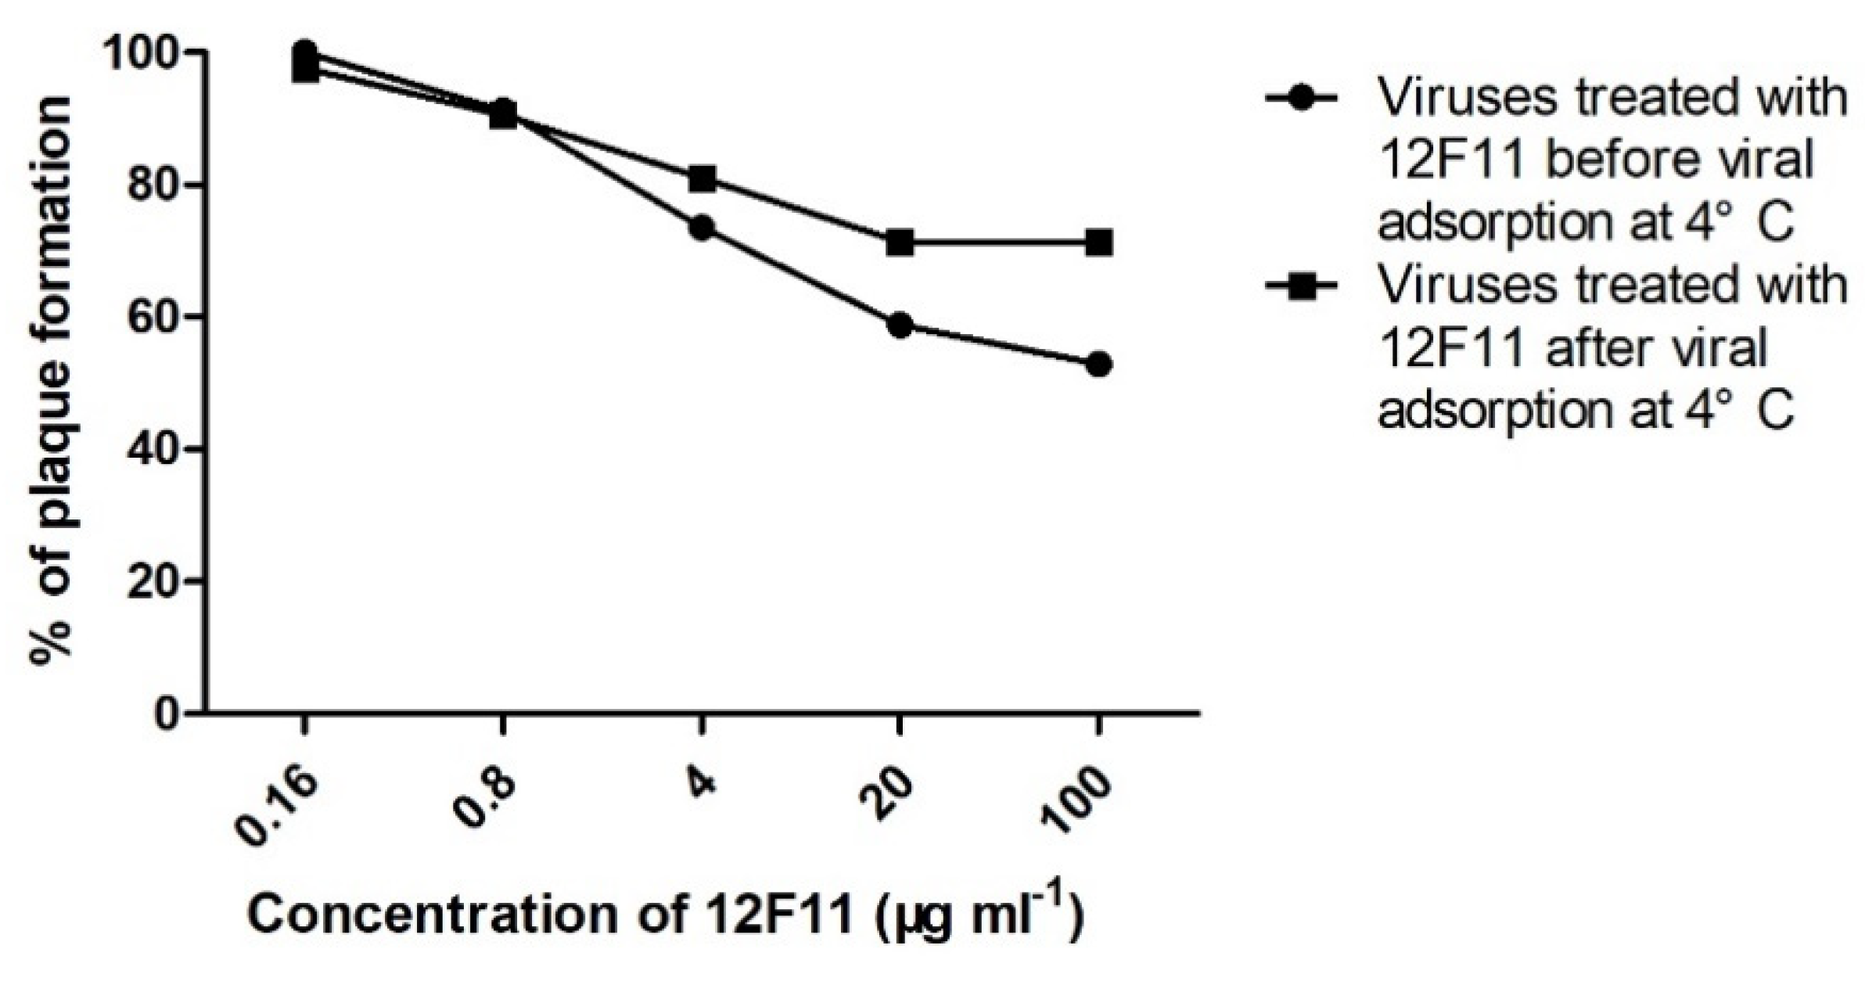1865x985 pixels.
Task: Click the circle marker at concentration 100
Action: pos(1098,365)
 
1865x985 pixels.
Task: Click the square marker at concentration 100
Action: pos(1098,243)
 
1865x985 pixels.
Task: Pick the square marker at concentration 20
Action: pos(900,243)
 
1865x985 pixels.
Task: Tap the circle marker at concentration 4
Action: pos(702,228)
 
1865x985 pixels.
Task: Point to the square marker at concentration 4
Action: pos(702,179)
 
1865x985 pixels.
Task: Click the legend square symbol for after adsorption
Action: pos(1300,287)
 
